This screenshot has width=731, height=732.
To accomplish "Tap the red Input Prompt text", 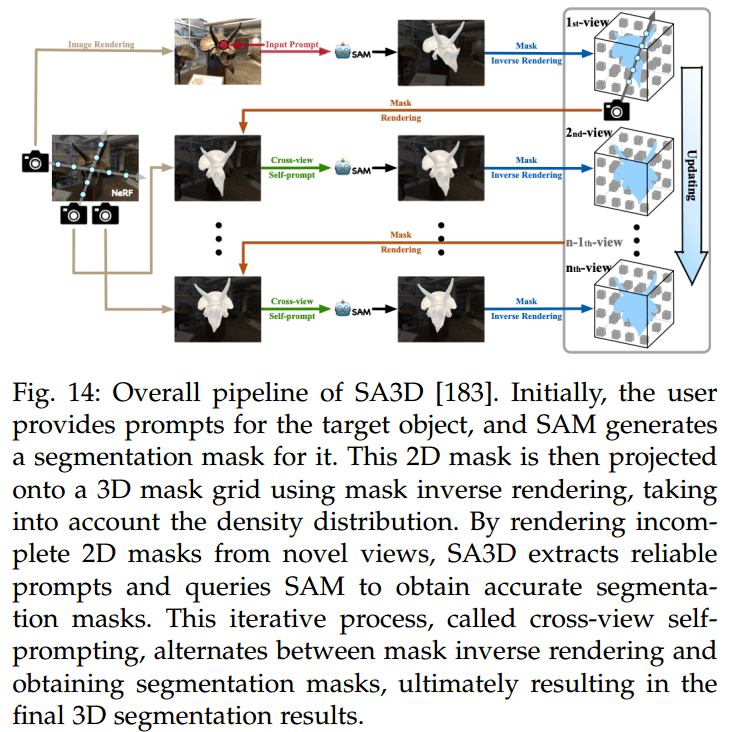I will [x=291, y=45].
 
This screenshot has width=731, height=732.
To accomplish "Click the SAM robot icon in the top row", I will [x=347, y=51].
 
